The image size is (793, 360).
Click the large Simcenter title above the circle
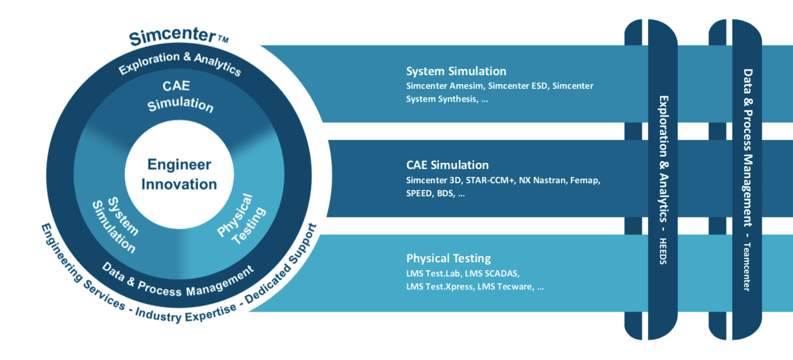pyautogui.click(x=173, y=36)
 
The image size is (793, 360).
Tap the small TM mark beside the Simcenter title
pyautogui.click(x=223, y=39)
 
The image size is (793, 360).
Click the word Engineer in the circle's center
pyautogui.click(x=179, y=164)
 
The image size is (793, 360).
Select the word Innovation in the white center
pyautogui.click(x=179, y=184)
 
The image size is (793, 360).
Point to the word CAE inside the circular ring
pyautogui.click(x=176, y=86)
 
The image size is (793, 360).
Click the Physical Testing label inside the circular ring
pyautogui.click(x=241, y=220)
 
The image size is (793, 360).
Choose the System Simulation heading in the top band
pyautogui.click(x=456, y=71)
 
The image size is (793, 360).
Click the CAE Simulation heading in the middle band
pyautogui.click(x=448, y=165)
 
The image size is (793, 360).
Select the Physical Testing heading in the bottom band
pyautogui.click(x=448, y=258)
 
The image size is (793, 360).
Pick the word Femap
pyautogui.click(x=585, y=180)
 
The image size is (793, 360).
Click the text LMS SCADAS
pyautogui.click(x=492, y=274)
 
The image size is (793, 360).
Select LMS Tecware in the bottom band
pyautogui.click(x=506, y=287)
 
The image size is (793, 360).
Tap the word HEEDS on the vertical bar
pyautogui.click(x=663, y=251)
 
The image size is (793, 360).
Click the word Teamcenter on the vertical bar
pyautogui.click(x=747, y=267)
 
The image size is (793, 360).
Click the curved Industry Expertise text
pyautogui.click(x=185, y=313)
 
